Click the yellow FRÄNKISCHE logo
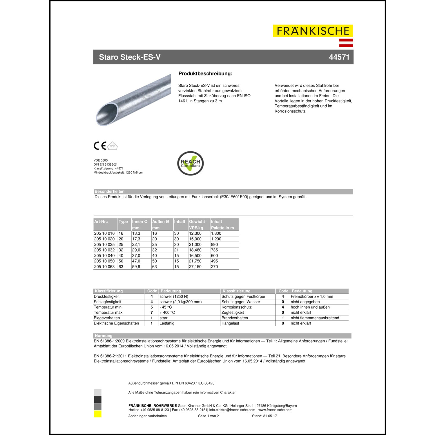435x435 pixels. (x=313, y=31)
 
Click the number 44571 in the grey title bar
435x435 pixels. (x=339, y=57)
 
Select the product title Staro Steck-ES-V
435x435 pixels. (x=130, y=57)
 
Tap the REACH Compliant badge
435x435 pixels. (x=190, y=163)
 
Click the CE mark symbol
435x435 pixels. (x=100, y=146)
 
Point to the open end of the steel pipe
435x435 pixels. (x=107, y=113)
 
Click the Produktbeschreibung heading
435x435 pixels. (x=205, y=74)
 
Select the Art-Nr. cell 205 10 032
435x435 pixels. (x=104, y=250)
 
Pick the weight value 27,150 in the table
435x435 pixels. (x=195, y=267)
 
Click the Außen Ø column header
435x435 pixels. (x=161, y=222)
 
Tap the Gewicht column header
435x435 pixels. (x=197, y=222)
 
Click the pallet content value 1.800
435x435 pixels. (x=216, y=233)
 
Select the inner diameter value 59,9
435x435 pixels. (x=136, y=267)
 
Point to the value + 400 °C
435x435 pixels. (x=167, y=313)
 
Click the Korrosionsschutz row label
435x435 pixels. (x=237, y=307)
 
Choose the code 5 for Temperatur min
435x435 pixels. (x=152, y=307)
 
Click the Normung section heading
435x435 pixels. (x=104, y=336)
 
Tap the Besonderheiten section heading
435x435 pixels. (x=110, y=191)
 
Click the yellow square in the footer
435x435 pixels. (x=98, y=414)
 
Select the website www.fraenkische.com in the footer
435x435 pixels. (x=275, y=410)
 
